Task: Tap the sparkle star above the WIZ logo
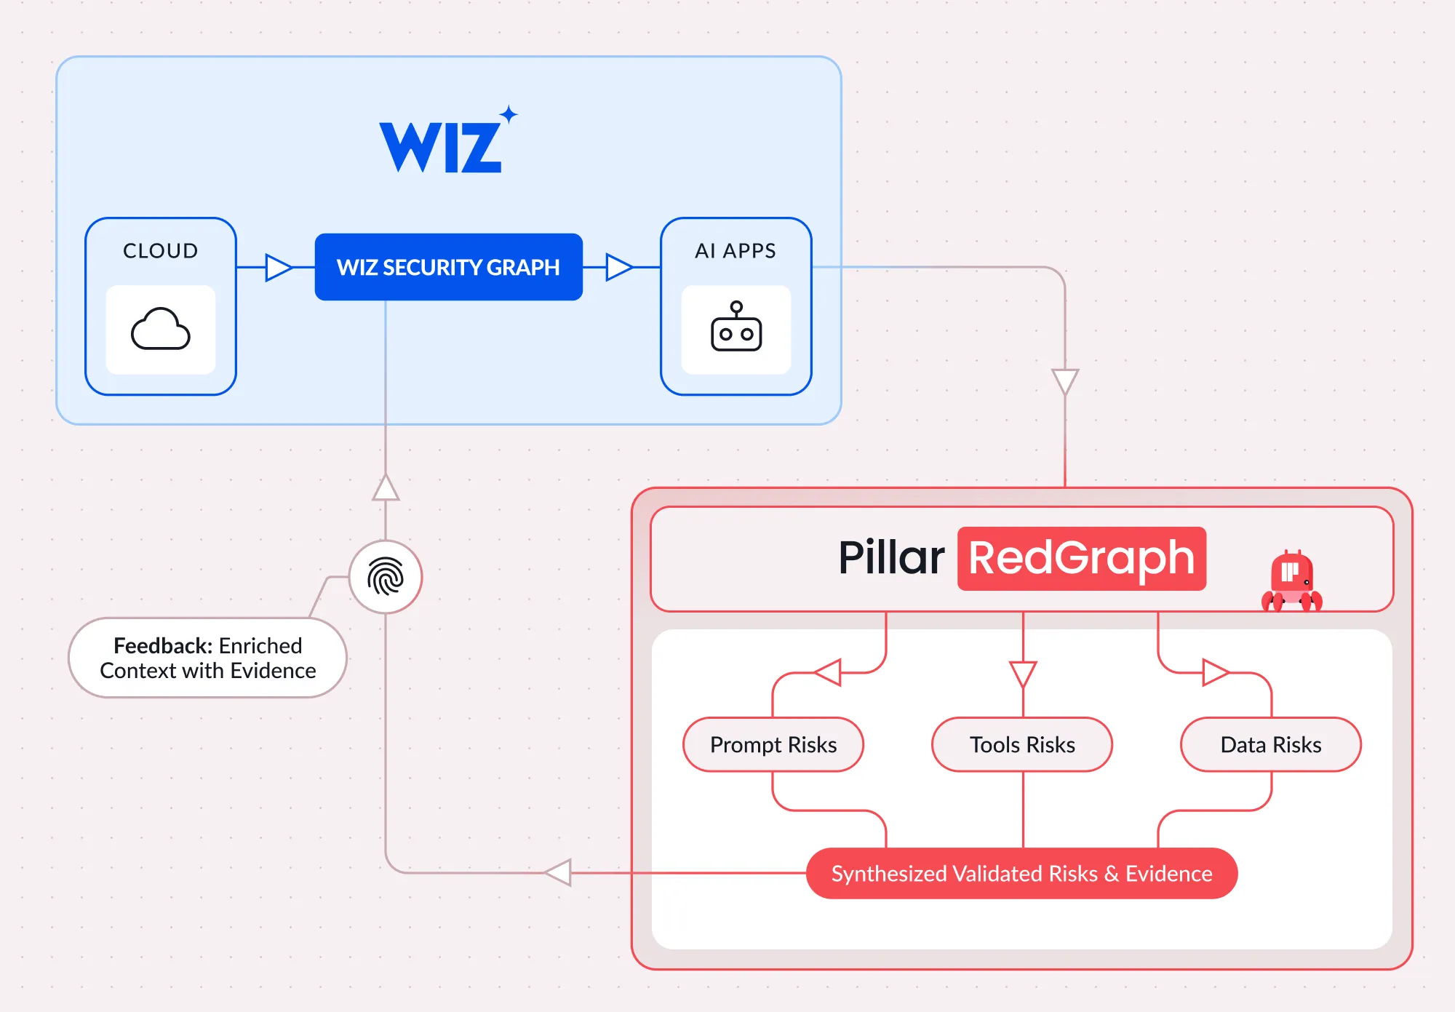coord(509,114)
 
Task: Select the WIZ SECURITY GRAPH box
coord(448,267)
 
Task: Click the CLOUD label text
coord(161,251)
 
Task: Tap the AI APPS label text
coord(736,251)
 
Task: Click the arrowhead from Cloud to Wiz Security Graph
coord(278,267)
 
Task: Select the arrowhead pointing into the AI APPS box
coord(619,267)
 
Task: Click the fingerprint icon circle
coord(386,577)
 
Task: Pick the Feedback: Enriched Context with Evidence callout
coord(207,658)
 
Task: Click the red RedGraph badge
coord(1082,559)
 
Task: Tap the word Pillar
coord(891,558)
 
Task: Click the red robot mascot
coord(1291,581)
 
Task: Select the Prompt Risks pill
coord(773,744)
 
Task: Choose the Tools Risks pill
coord(1022,744)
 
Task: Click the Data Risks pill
coord(1271,744)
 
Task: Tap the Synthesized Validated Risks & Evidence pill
coord(1021,873)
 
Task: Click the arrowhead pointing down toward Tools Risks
coord(1023,674)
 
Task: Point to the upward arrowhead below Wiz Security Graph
coord(386,487)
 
